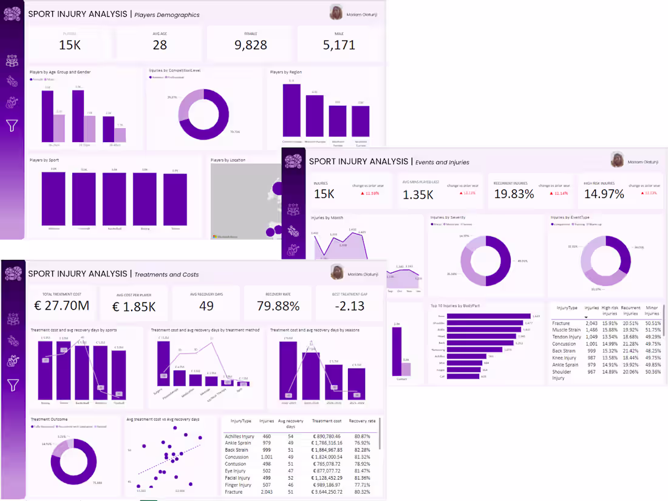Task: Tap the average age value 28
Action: (x=160, y=44)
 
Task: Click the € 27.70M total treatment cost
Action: (x=62, y=305)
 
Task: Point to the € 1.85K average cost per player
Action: (x=134, y=305)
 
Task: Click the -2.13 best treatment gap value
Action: (x=349, y=305)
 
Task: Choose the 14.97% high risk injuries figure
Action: (x=604, y=194)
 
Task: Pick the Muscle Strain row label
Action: (x=567, y=330)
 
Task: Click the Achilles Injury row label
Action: (x=239, y=436)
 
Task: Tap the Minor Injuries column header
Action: (x=652, y=311)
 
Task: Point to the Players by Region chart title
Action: (x=286, y=72)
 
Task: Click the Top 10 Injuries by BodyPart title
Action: (x=455, y=305)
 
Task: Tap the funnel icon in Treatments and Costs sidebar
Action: (x=12, y=384)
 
